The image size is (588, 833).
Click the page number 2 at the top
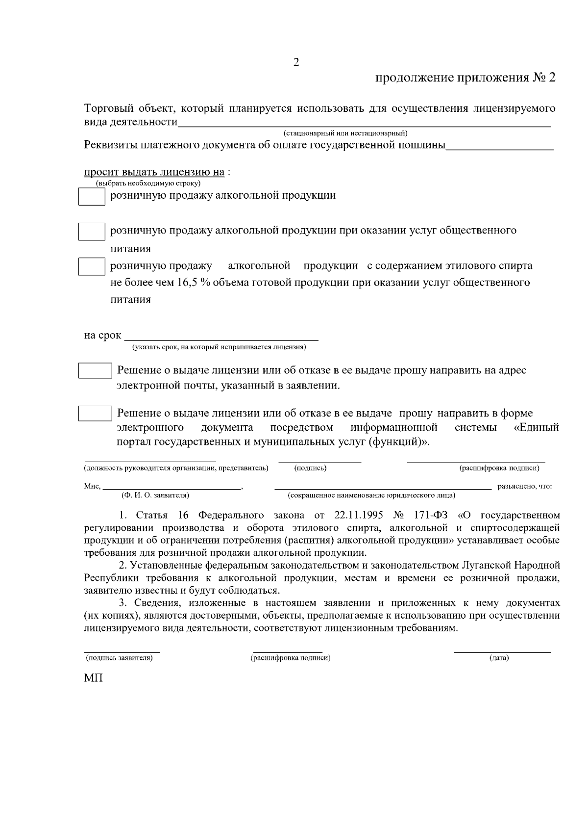point(296,62)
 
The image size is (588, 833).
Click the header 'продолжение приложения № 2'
point(465,78)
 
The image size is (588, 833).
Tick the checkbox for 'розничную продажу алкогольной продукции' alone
point(92,197)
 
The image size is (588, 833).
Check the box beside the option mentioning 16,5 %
point(92,266)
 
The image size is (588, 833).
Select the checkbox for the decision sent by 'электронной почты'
point(95,370)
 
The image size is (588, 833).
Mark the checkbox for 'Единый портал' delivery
point(95,413)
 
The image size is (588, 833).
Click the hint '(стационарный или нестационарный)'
point(345,133)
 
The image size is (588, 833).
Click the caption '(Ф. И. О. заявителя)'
point(155,495)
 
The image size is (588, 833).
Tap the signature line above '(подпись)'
point(319,461)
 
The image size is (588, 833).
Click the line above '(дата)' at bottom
point(502,651)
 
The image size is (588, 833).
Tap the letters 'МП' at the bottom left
point(94,678)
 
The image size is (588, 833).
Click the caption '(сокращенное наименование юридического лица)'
point(371,495)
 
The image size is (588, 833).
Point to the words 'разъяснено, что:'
point(525,487)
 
